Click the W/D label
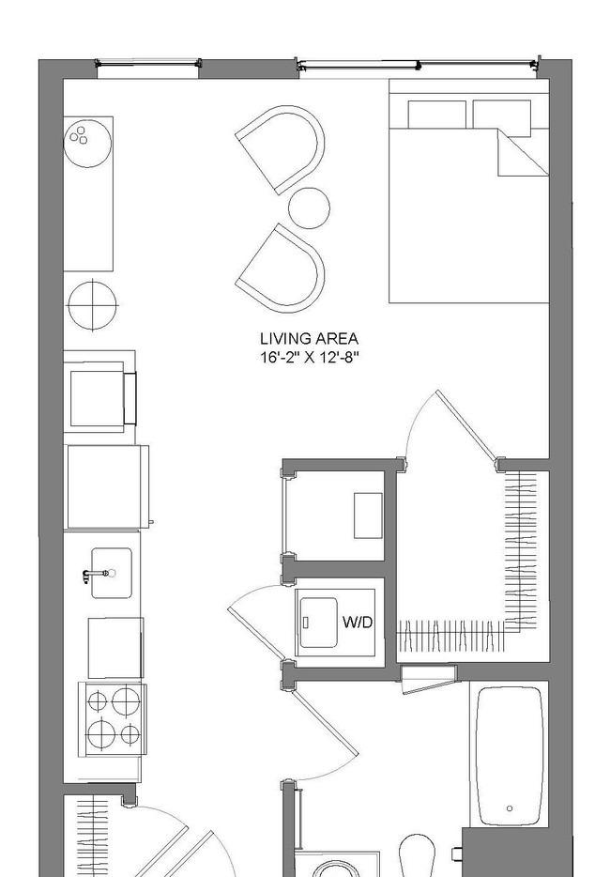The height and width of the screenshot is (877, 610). point(358,622)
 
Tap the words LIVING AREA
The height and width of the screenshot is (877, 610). point(309,338)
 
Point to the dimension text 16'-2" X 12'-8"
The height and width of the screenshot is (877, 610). point(309,358)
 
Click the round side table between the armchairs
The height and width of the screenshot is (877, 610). point(309,208)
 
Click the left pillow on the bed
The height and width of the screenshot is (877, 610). point(436,115)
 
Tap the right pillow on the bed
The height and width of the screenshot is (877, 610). point(501,115)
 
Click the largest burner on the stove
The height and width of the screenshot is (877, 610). point(100,732)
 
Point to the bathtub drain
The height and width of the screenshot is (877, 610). point(510,808)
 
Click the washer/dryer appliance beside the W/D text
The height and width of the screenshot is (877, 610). point(319,623)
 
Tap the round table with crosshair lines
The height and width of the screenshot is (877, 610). point(92,305)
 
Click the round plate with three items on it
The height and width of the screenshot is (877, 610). point(88,143)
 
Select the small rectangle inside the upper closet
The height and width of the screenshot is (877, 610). point(368,515)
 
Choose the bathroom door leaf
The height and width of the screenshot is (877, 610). point(325,723)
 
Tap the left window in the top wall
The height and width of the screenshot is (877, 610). point(147,68)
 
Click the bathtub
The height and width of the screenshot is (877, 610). point(510,756)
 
